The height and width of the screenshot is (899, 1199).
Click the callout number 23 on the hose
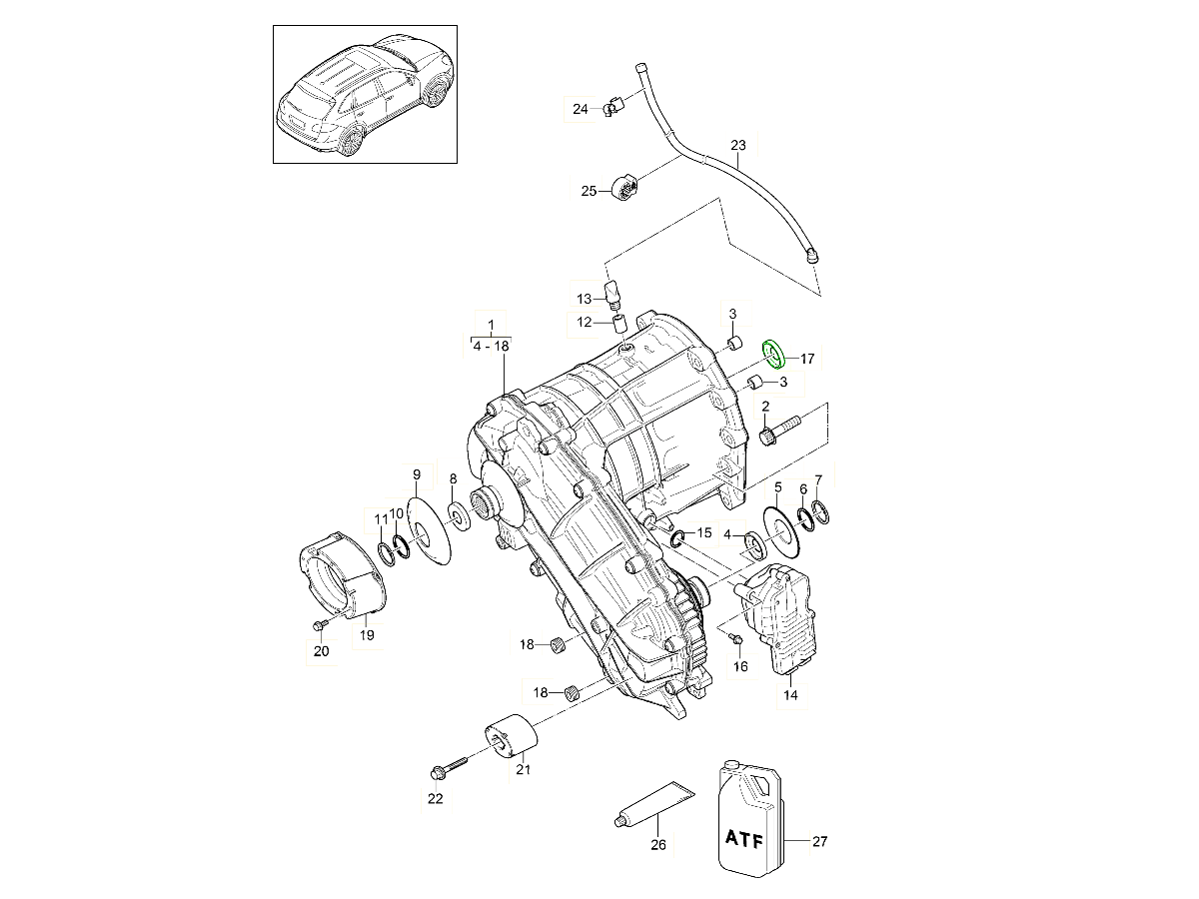(x=737, y=146)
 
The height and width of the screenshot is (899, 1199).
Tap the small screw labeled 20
(x=318, y=625)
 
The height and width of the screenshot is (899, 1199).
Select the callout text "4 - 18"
(x=490, y=345)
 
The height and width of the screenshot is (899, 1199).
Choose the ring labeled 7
(x=820, y=513)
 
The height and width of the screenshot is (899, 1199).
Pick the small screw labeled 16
(x=734, y=636)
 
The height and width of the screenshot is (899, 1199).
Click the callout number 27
(x=819, y=842)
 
